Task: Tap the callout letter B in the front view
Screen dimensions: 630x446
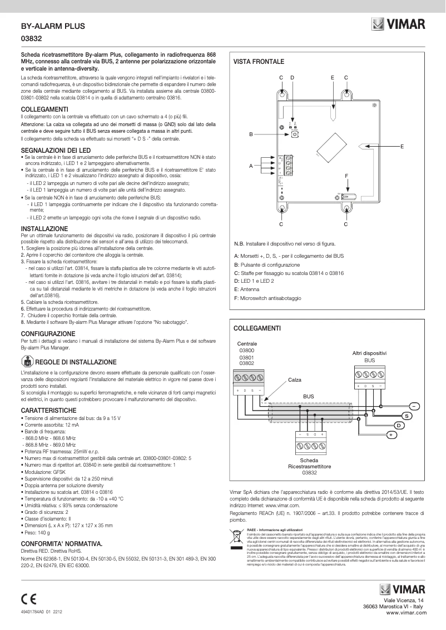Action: pos(251,134)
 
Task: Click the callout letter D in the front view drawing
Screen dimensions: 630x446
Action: pos(292,77)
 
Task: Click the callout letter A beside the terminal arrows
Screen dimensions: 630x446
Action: pos(251,166)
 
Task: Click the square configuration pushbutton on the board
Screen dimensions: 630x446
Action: pos(294,134)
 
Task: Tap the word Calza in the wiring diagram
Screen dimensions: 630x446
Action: pos(295,379)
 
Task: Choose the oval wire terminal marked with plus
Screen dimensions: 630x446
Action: pos(391,434)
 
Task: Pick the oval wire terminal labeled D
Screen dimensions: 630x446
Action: pos(399,425)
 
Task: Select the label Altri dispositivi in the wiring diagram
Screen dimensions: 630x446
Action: pos(370,353)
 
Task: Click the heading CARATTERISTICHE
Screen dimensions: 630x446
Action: pos(48,410)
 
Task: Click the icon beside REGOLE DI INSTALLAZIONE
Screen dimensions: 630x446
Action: pos(27,361)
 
